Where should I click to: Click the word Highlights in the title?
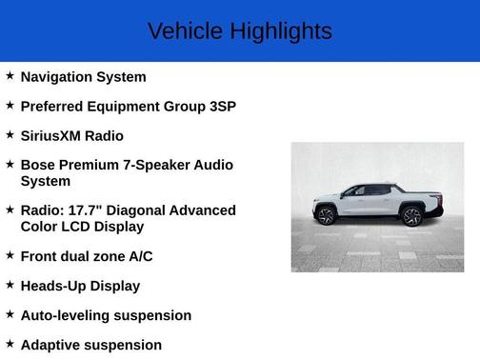(x=280, y=31)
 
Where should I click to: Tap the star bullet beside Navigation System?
(x=10, y=75)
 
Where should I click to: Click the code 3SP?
(x=222, y=107)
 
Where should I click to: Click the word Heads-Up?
(x=54, y=286)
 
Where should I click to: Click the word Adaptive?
(x=50, y=345)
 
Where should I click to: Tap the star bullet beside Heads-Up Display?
(x=10, y=284)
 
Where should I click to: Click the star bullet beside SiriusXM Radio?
(x=10, y=134)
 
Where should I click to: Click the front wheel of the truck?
(x=327, y=216)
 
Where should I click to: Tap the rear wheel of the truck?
(x=411, y=216)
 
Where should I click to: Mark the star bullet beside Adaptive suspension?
(x=10, y=343)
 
